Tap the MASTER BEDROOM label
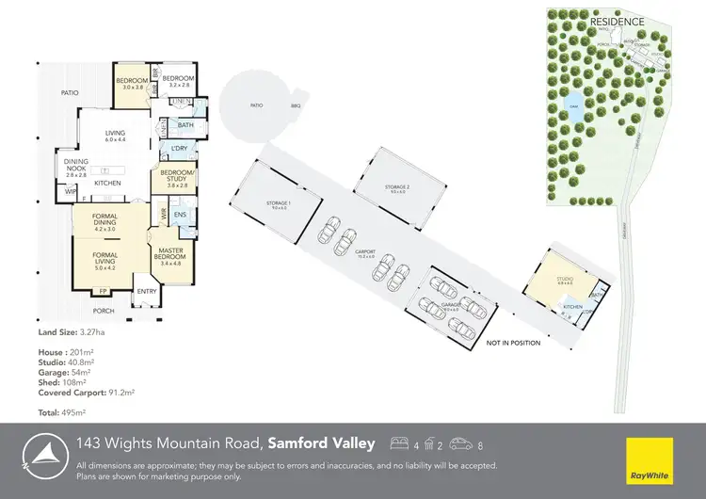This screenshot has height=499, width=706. (x=170, y=254)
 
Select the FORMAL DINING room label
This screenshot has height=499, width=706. (x=104, y=222)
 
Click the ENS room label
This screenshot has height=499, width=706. (x=179, y=217)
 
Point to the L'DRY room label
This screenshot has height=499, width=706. (x=178, y=150)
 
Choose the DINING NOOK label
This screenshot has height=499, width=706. (x=75, y=167)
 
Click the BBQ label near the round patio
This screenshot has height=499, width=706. (x=295, y=106)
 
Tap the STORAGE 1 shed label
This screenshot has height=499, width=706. (x=278, y=203)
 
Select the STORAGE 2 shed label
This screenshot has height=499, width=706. (x=397, y=187)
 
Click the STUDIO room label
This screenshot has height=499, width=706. (x=565, y=280)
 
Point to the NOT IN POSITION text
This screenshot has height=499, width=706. (x=513, y=343)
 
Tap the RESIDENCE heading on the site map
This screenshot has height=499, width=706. (x=618, y=22)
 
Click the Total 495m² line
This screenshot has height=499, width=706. (x=61, y=413)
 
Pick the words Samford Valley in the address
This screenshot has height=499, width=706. (x=321, y=443)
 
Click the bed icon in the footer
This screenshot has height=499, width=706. (x=398, y=443)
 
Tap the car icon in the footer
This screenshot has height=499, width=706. (x=460, y=443)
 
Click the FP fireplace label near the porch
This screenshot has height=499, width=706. (x=104, y=292)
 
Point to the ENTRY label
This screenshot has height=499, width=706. (x=147, y=291)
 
